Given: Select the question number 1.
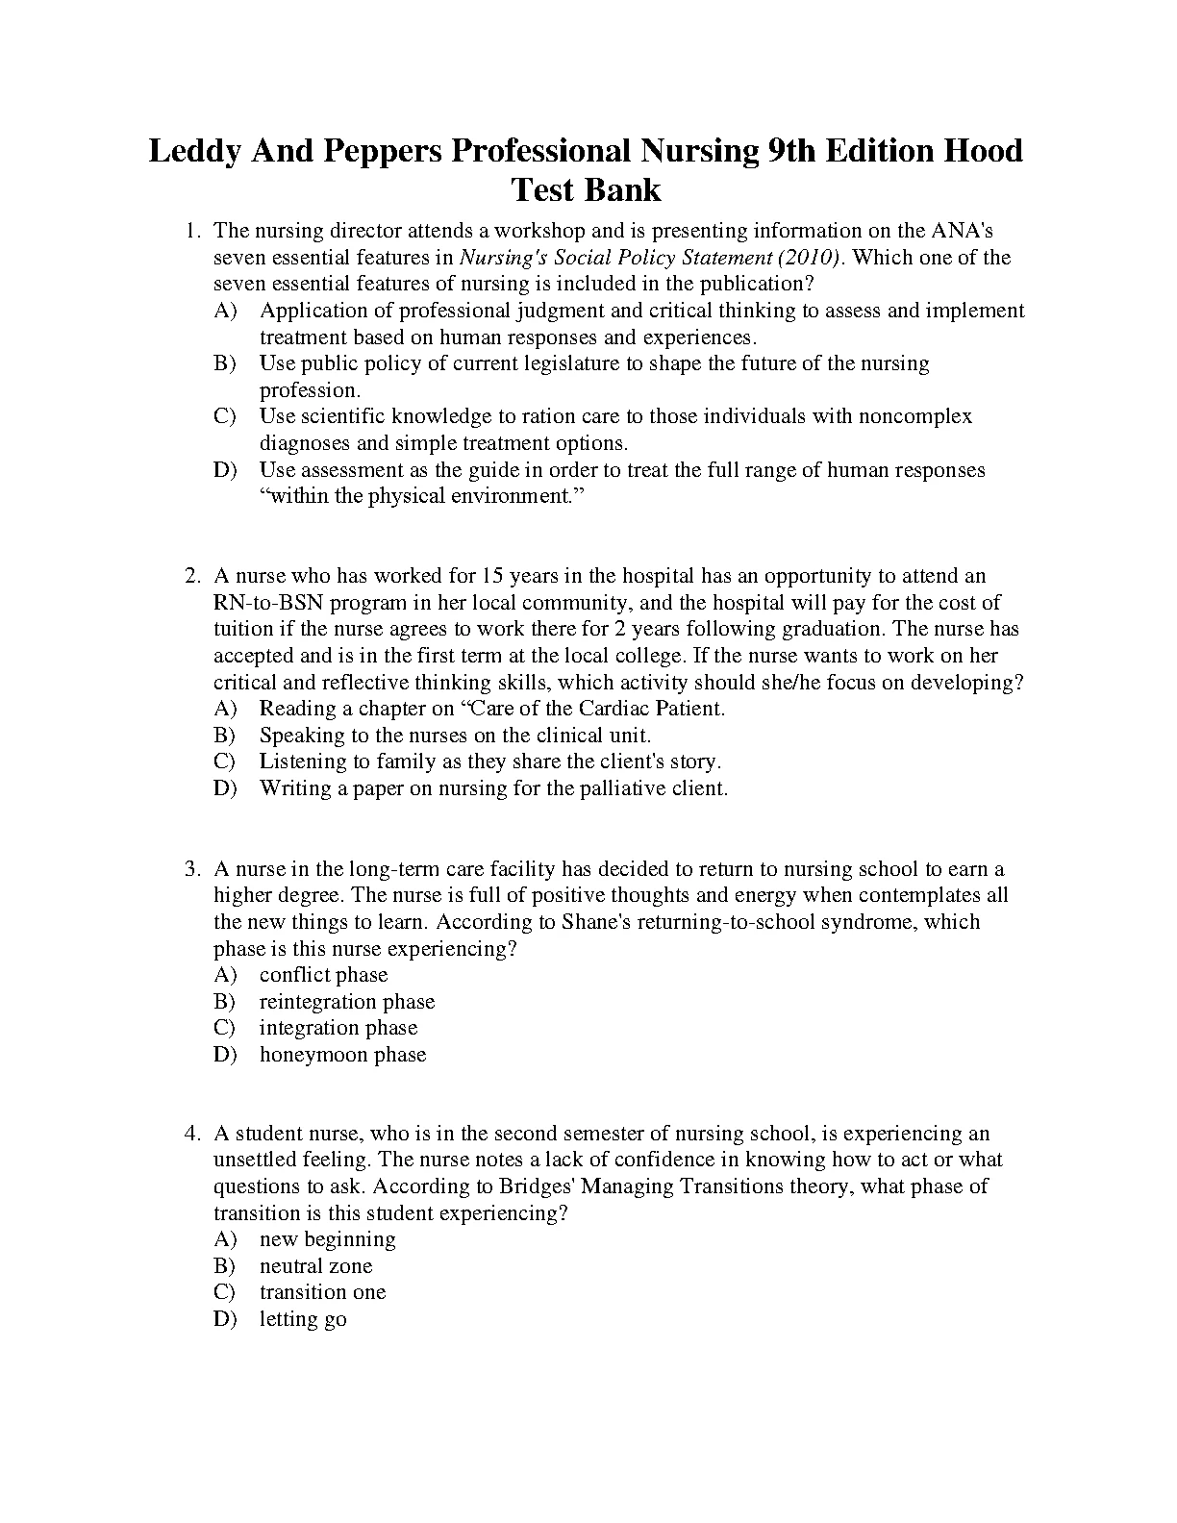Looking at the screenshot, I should click(x=192, y=231).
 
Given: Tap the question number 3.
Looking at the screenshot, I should click(x=192, y=869).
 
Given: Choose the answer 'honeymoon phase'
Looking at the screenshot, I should click(x=342, y=1055).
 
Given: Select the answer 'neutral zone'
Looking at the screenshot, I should click(x=315, y=1266).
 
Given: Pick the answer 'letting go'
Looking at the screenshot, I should click(x=303, y=1319).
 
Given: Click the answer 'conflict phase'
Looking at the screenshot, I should click(x=323, y=975).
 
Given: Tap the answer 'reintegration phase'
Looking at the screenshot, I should click(x=347, y=1002).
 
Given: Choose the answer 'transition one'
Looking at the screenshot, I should click(x=322, y=1292).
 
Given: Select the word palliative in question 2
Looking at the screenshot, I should click(x=617, y=788).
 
